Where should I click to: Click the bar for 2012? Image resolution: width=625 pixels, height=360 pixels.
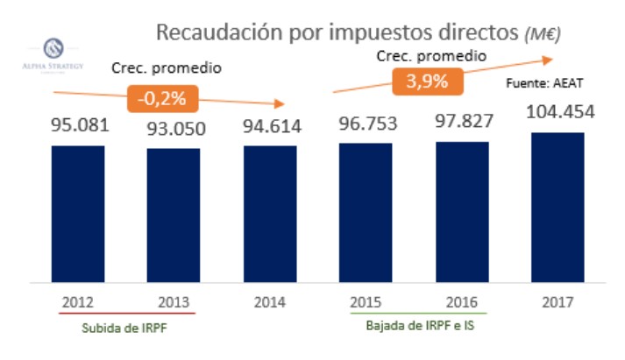click(x=78, y=214)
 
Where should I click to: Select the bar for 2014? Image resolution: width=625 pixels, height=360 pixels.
click(x=270, y=214)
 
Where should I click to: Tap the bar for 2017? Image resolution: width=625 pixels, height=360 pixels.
click(x=558, y=208)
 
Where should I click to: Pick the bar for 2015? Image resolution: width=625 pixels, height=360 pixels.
click(x=366, y=213)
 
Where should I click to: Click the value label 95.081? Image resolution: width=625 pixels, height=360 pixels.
click(x=78, y=124)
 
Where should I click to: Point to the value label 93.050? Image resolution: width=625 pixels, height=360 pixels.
click(x=174, y=127)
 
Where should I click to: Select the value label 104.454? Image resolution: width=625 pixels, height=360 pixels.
click(x=558, y=111)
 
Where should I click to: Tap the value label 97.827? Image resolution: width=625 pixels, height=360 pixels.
click(x=462, y=121)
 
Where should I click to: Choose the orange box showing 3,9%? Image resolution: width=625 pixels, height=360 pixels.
click(x=426, y=81)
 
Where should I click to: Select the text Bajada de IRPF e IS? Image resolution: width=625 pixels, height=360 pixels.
click(x=415, y=326)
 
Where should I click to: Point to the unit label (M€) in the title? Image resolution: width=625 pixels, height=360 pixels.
click(x=540, y=34)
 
